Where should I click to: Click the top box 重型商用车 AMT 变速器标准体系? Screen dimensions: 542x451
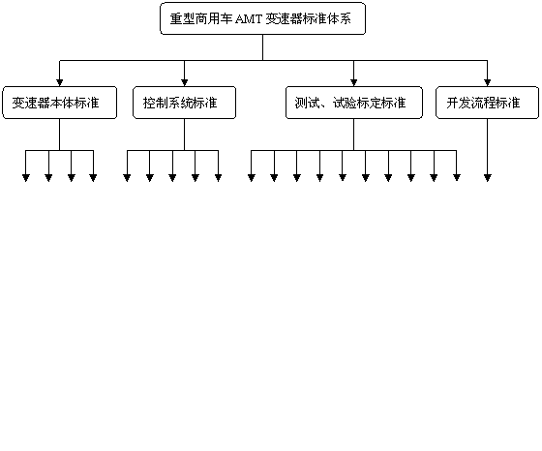coord(262,18)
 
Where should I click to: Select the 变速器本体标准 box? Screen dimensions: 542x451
coord(59,103)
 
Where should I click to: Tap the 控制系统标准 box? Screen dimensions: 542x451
coord(184,103)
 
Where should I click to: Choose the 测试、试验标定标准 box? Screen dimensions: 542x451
coord(354,103)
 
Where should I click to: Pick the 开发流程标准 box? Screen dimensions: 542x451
coord(487,103)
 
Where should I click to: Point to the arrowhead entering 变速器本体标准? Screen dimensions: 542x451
coord(59,82)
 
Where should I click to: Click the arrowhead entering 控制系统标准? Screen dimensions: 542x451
coord(184,82)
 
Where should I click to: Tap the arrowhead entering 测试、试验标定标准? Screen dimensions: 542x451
coord(353,82)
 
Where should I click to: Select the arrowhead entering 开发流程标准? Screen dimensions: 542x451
coord(488,82)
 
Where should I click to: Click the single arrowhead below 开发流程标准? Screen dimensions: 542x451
coord(488,178)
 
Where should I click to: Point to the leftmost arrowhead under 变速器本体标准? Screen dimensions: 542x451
coord(26,178)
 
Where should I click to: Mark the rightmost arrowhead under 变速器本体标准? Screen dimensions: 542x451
coord(93,178)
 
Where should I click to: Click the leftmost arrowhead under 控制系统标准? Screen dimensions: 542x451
coord(127,178)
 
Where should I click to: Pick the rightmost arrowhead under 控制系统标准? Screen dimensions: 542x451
coord(218,178)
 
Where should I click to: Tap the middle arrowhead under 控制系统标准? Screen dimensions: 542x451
coord(172,178)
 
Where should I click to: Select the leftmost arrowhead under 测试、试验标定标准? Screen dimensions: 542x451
coord(252,178)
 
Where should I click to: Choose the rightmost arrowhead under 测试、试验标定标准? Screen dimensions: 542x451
coord(457,178)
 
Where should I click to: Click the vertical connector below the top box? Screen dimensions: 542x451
coord(262,47)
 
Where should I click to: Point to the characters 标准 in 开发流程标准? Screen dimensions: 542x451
coord(508,103)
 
